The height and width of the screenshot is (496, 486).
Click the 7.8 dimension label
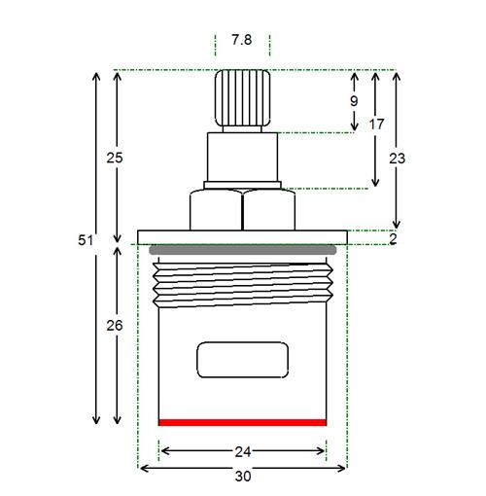(242, 40)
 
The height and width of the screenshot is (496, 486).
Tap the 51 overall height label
(86, 240)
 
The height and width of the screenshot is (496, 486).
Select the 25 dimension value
(115, 158)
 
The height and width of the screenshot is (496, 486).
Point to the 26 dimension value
(115, 325)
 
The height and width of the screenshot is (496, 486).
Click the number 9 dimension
(354, 101)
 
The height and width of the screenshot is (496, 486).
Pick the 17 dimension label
(376, 124)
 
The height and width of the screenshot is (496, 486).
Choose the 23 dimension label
(398, 159)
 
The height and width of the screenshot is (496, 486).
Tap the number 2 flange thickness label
(393, 239)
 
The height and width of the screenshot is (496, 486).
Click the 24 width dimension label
(243, 451)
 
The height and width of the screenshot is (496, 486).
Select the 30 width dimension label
(243, 477)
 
